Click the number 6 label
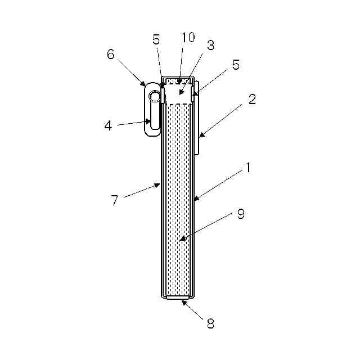(x=110, y=54)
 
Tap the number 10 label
(x=188, y=38)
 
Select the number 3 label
(x=210, y=46)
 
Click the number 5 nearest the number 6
(x=156, y=40)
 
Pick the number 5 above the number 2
(x=236, y=65)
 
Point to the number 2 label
(x=252, y=99)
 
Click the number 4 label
(x=108, y=125)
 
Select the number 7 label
(x=115, y=200)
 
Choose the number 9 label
(x=241, y=214)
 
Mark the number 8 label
(x=210, y=323)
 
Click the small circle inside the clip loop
(x=154, y=97)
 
